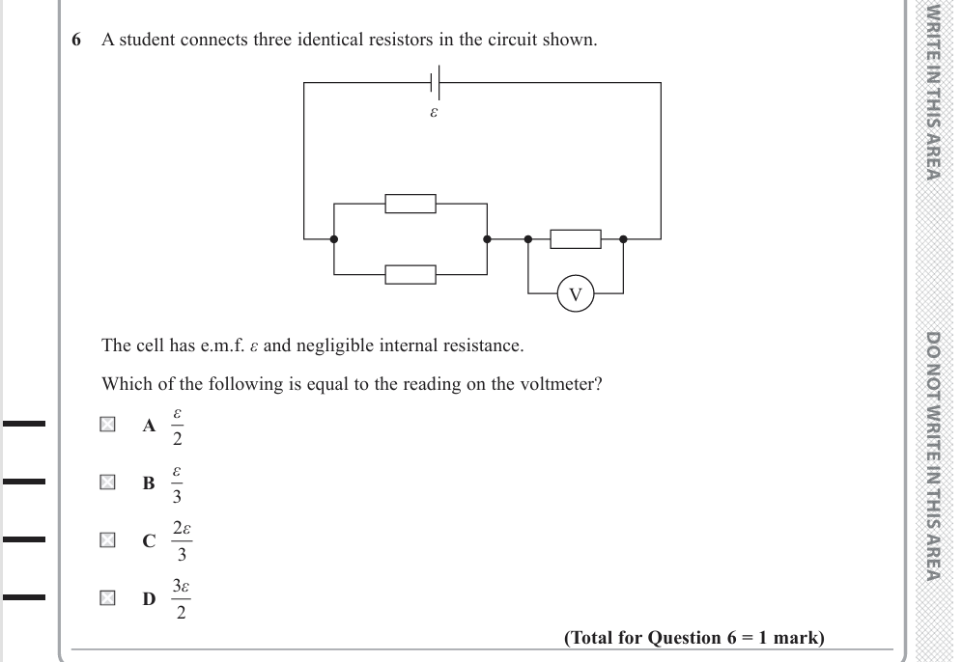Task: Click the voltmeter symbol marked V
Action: [576, 293]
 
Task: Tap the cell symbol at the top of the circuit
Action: [436, 83]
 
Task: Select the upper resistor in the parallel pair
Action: [410, 204]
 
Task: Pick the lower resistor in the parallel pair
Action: [410, 274]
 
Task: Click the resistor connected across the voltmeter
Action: [575, 238]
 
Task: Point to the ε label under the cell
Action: [434, 112]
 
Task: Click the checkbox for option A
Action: [108, 425]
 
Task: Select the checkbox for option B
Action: [108, 483]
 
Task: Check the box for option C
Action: [108, 540]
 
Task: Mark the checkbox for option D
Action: [108, 598]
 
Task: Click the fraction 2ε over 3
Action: [182, 541]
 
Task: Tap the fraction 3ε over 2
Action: [181, 599]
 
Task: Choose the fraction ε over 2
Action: [177, 426]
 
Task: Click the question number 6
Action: [76, 41]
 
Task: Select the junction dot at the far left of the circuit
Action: [334, 238]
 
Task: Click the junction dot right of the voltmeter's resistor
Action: [623, 238]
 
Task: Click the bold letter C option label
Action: [149, 541]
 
